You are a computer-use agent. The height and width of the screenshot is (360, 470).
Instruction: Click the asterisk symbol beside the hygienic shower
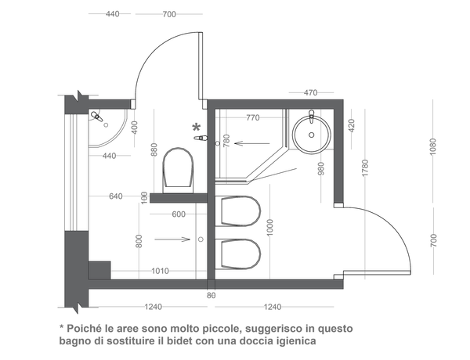[196, 128]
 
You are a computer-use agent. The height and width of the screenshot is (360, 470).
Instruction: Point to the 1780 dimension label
[365, 168]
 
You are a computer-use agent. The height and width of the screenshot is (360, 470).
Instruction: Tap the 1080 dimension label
[433, 146]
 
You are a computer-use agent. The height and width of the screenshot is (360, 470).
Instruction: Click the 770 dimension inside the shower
[253, 117]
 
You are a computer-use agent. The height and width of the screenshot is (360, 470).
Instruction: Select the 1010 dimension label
[160, 271]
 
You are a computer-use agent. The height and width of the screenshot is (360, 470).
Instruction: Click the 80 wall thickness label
[211, 295]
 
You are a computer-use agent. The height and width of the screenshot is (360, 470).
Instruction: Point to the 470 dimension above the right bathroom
[310, 92]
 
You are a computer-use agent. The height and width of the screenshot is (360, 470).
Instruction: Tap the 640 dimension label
[116, 196]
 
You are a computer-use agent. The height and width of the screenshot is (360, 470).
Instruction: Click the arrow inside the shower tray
[252, 143]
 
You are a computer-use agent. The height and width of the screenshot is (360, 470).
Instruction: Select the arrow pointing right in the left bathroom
[172, 239]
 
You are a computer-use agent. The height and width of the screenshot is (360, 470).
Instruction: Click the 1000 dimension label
[270, 227]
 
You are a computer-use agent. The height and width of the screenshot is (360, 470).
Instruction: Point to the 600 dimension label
[179, 214]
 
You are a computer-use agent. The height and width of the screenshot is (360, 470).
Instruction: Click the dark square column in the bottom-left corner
[99, 270]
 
